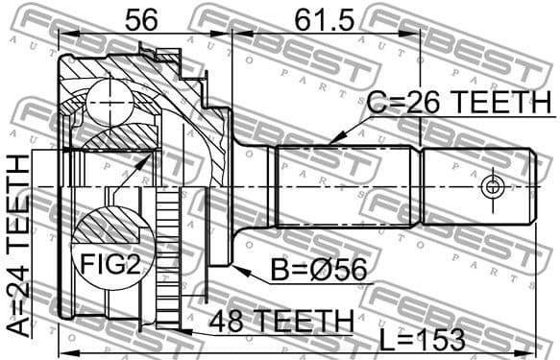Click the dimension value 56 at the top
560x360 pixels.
pyautogui.click(x=142, y=18)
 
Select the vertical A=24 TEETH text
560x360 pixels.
pyautogui.click(x=19, y=245)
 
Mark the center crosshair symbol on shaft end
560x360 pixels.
pyautogui.click(x=492, y=184)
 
